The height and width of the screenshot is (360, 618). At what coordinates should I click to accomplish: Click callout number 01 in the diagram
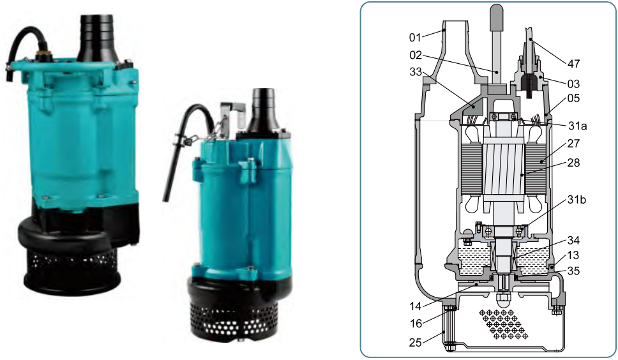pyautogui.click(x=415, y=38)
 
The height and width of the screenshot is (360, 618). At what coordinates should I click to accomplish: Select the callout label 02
pyautogui.click(x=416, y=55)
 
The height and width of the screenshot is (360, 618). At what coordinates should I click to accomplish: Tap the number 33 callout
pyautogui.click(x=416, y=72)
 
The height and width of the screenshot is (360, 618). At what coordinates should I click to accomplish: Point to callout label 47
pyautogui.click(x=574, y=63)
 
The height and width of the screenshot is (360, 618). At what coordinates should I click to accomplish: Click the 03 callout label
pyautogui.click(x=574, y=84)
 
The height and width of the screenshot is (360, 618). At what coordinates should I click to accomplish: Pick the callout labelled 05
pyautogui.click(x=574, y=98)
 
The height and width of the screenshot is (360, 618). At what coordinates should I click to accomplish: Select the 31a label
pyautogui.click(x=577, y=126)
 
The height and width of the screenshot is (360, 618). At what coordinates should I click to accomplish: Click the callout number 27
pyautogui.click(x=574, y=144)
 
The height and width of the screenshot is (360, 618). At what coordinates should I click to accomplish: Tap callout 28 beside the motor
pyautogui.click(x=574, y=162)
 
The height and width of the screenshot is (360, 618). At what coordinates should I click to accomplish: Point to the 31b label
pyautogui.click(x=577, y=200)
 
